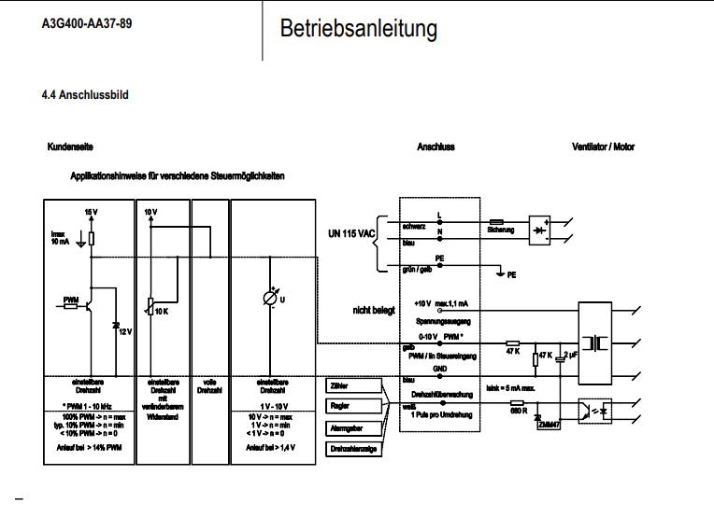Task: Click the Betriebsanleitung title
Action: (x=358, y=29)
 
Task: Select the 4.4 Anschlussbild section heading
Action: (x=85, y=95)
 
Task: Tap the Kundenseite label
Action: (x=70, y=147)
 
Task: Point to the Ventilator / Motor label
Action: (x=603, y=147)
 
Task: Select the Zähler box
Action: (x=353, y=384)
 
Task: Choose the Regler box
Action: (x=353, y=406)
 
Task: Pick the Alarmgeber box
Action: (x=353, y=427)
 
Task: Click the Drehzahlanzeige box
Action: (x=353, y=449)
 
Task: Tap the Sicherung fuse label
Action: (x=501, y=229)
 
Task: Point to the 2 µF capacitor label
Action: (x=571, y=356)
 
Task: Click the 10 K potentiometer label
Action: (x=162, y=310)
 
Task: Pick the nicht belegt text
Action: (x=373, y=309)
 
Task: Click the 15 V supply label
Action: (x=91, y=213)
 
